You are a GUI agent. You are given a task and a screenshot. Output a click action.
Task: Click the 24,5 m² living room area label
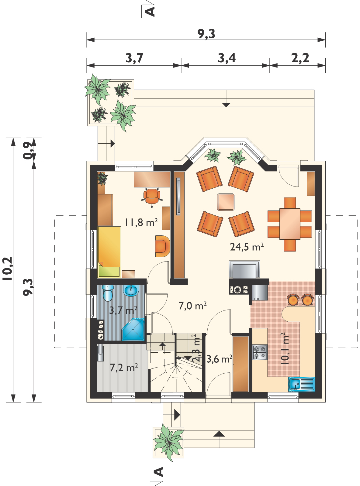(247, 247)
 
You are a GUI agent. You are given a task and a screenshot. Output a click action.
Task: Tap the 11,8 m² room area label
(141, 222)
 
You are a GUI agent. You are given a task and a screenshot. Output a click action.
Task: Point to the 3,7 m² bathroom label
(123, 310)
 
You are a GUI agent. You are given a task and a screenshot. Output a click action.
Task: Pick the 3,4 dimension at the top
(227, 58)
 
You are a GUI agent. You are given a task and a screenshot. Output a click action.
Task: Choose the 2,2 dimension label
(300, 58)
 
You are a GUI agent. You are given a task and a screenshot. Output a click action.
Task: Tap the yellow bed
(109, 252)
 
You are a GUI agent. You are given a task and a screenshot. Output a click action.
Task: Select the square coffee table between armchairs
(226, 202)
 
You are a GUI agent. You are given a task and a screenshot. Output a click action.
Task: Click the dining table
(290, 224)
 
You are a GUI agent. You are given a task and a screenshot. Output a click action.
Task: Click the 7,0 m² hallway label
(192, 306)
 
